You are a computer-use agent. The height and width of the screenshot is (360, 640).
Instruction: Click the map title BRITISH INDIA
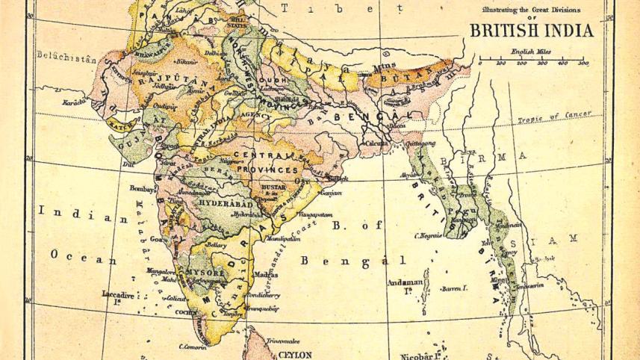(531, 31)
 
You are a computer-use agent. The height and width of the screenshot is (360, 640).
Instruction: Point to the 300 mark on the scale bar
(541, 63)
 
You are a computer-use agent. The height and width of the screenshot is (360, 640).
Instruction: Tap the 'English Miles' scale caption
(532, 52)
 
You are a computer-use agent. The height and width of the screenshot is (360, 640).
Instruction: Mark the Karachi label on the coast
(75, 101)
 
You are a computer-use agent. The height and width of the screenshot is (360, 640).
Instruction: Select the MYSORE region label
(205, 273)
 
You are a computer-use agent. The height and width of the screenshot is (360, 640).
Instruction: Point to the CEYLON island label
(296, 354)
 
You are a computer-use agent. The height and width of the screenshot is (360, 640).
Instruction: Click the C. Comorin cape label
(192, 347)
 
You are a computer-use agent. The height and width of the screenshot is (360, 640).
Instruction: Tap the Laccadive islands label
(117, 296)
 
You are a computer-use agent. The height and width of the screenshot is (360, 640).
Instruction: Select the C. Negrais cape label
(429, 235)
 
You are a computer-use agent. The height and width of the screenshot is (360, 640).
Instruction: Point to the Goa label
(157, 239)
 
